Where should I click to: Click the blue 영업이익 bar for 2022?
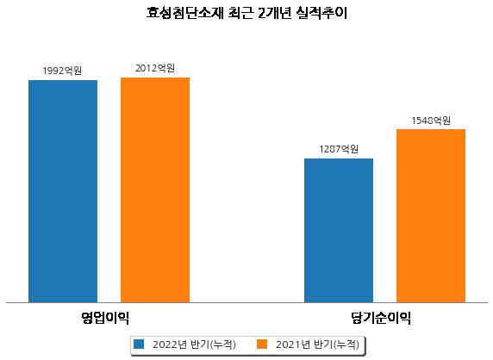click(x=63, y=191)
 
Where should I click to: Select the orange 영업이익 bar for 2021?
click(x=155, y=190)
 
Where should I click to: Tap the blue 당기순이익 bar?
click(x=339, y=231)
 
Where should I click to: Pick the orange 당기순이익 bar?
click(x=431, y=216)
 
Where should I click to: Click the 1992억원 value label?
click(x=62, y=71)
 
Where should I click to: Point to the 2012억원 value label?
click(x=155, y=68)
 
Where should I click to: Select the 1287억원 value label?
click(x=339, y=149)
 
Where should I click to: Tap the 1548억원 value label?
click(x=431, y=121)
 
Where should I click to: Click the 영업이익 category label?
click(x=105, y=318)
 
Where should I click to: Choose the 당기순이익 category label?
click(x=381, y=318)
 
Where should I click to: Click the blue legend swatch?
click(x=139, y=344)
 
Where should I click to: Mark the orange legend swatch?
click(x=262, y=344)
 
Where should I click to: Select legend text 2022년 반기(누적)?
click(x=194, y=344)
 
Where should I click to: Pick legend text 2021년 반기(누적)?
click(x=317, y=344)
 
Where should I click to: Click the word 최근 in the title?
click(x=240, y=13)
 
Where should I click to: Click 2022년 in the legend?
click(x=170, y=344)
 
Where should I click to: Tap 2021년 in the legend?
click(x=293, y=344)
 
